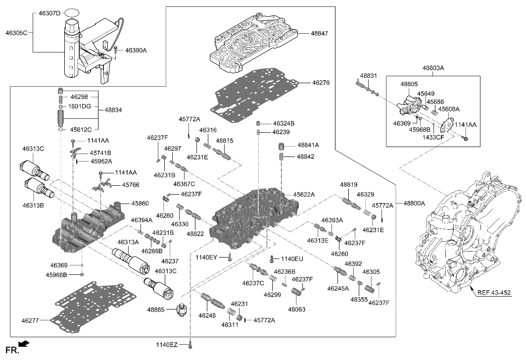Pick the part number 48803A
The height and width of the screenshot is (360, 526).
click(433, 67)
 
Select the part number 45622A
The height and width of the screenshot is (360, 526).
click(306, 195)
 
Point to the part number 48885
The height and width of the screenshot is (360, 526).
click(159, 309)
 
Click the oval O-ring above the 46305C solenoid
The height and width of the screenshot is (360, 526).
click(72, 11)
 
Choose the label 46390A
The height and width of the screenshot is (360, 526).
click(136, 51)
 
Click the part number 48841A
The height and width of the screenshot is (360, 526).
click(308, 145)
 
